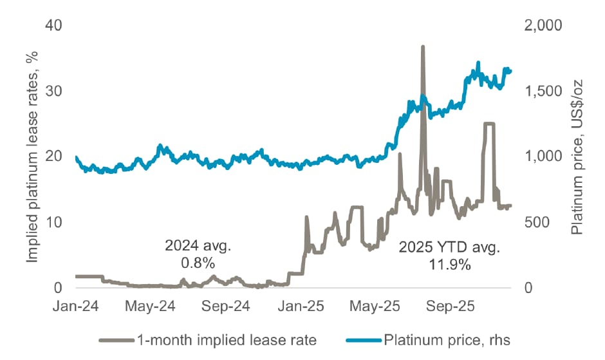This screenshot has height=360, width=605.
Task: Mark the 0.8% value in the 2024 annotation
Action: click(198, 263)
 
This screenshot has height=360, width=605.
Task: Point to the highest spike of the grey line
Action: click(423, 47)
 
